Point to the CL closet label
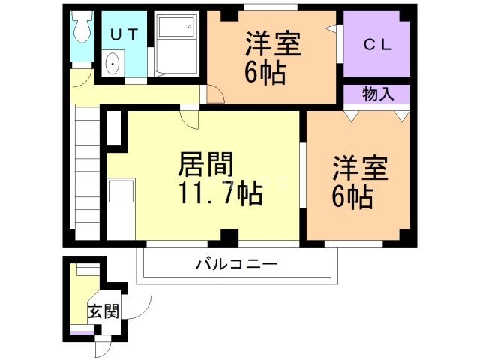(x=377, y=44)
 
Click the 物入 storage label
(x=377, y=94)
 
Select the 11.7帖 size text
(x=220, y=195)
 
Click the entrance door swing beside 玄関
(x=140, y=306)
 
